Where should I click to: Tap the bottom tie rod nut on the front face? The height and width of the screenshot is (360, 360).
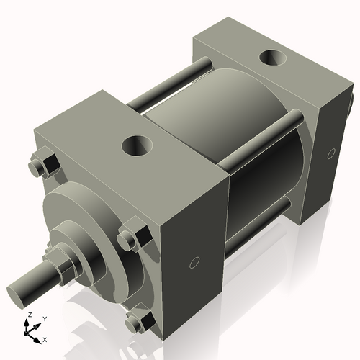pyautogui.click(x=136, y=321)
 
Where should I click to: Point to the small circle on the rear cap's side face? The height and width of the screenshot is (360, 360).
pyautogui.click(x=331, y=153)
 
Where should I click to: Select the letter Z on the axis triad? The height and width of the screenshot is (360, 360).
pyautogui.click(x=28, y=315)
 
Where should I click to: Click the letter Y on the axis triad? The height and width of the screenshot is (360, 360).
pyautogui.click(x=44, y=318)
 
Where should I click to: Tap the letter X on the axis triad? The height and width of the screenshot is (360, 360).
pyautogui.click(x=45, y=338)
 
